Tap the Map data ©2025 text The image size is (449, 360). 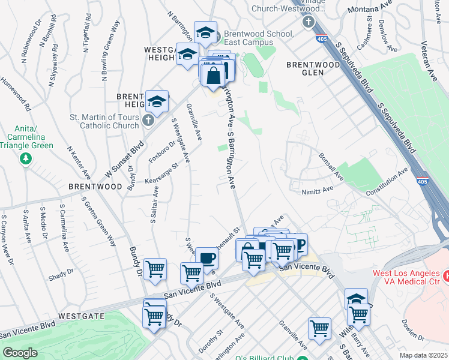[x=423, y=355]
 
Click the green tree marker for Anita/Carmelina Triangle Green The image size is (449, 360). [x=25, y=158]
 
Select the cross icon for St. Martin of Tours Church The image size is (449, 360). [x=149, y=122]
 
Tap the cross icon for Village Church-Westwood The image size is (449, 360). [x=308, y=22]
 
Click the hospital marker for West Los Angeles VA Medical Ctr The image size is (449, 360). [x=446, y=277]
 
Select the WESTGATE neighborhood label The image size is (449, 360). [x=82, y=316]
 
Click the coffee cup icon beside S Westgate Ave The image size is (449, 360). [x=207, y=259]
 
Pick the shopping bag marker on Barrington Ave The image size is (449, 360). [x=214, y=76]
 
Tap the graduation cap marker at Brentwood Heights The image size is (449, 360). [x=157, y=101]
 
